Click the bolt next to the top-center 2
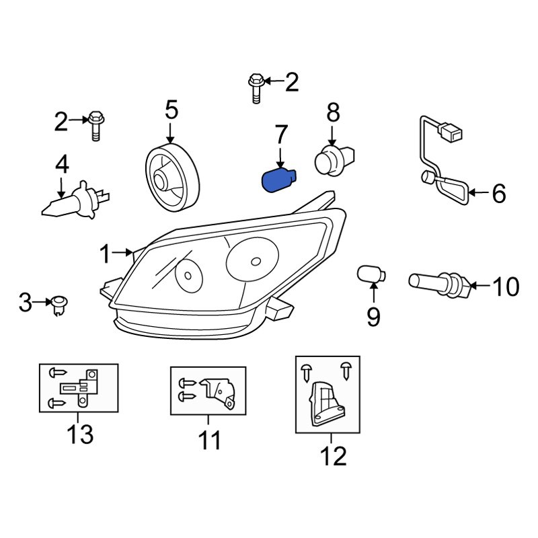256,86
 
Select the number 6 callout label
498,194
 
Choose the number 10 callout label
506,287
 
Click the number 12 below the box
333,456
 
